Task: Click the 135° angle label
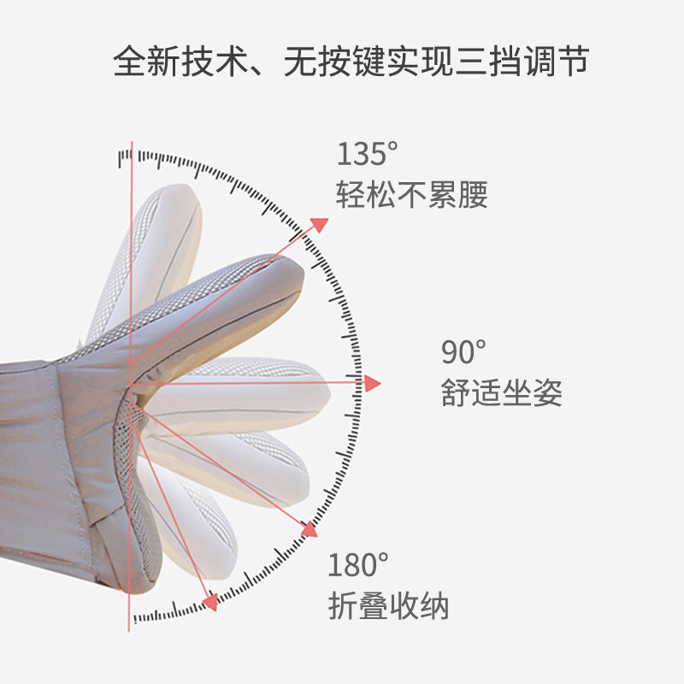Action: pos(367,155)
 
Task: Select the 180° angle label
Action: pos(358,565)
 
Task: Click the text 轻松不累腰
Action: pos(412,195)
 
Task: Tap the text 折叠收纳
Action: pos(388,605)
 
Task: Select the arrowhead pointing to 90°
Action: pos(372,384)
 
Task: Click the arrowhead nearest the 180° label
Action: pos(309,530)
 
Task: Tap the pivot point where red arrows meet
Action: pos(133,384)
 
